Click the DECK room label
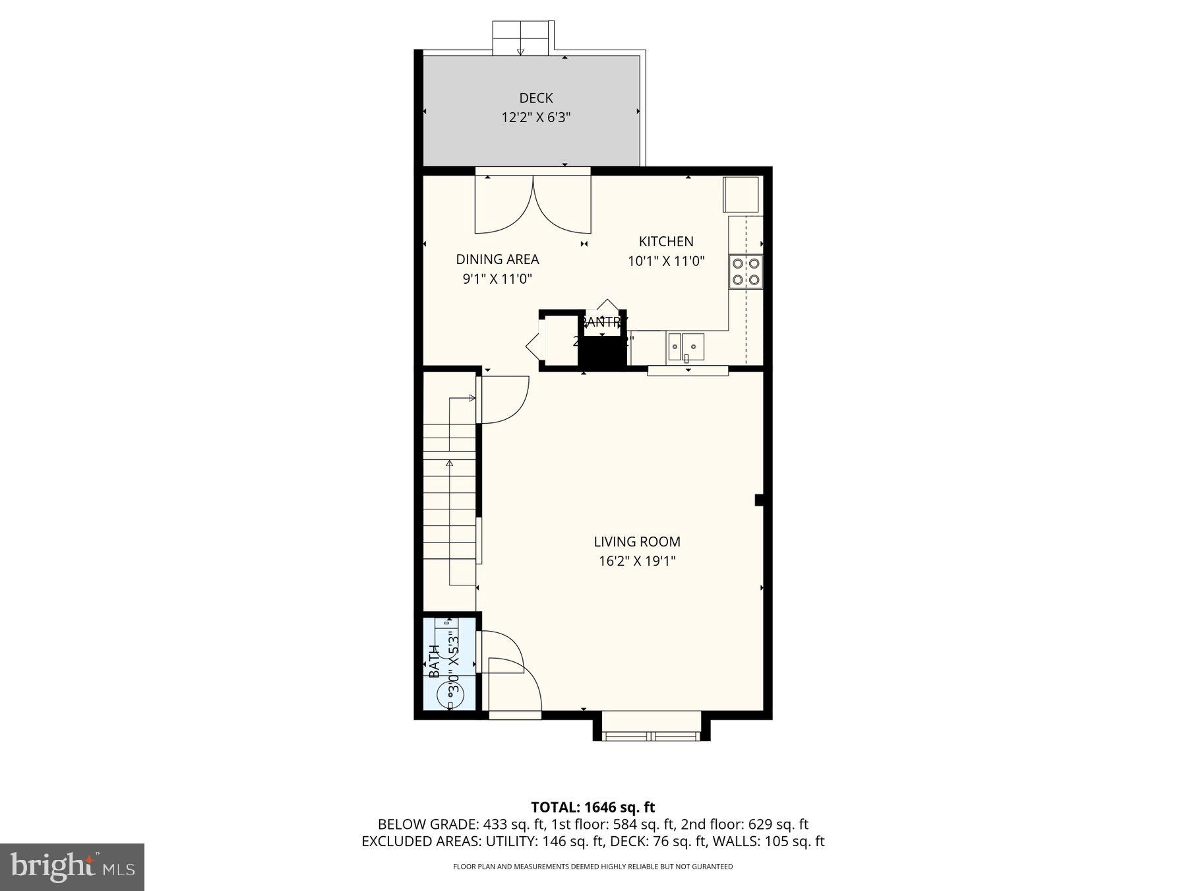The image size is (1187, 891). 535,98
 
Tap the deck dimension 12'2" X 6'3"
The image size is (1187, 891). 535,118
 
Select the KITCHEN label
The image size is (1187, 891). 666,242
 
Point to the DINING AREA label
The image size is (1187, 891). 497,259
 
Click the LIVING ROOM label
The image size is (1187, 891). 636,542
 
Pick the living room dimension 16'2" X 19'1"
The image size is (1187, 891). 636,562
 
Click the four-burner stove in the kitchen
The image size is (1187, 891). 746,271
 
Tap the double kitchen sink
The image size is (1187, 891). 686,346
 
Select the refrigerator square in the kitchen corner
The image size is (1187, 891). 742,194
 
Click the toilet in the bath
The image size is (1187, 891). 450,693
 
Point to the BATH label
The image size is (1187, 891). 434,661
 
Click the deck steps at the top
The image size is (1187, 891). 521,38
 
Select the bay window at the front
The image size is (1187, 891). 652,734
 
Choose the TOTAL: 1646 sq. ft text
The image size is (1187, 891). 593,807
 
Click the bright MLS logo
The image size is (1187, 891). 72,867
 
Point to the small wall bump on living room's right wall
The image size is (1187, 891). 758,500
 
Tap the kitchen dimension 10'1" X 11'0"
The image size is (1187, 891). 666,261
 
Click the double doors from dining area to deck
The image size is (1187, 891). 533,205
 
